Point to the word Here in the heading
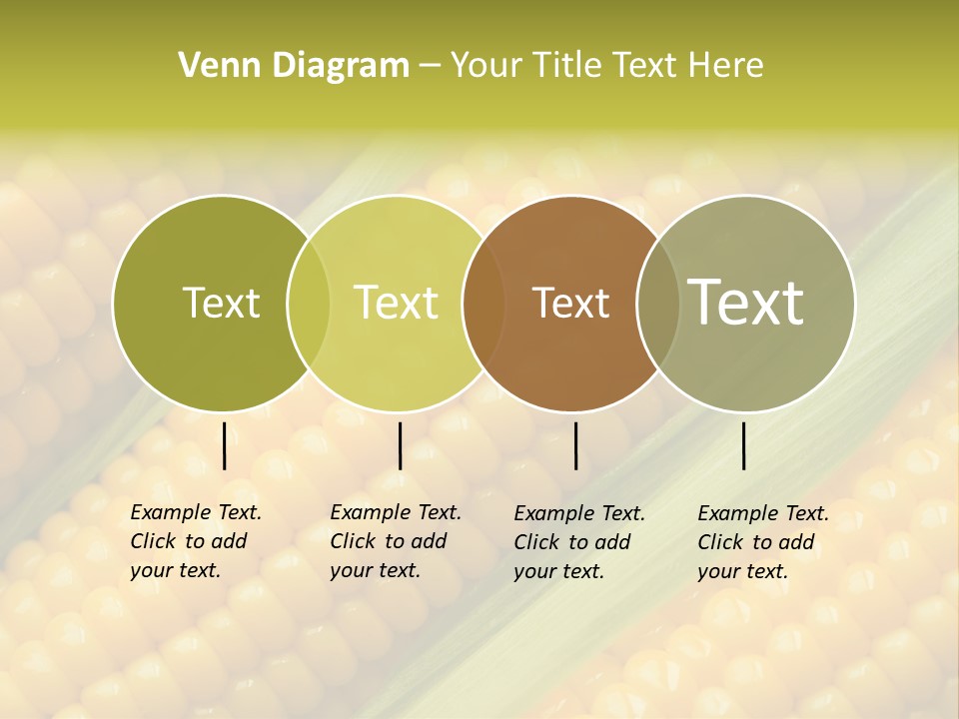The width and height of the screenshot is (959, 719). [725, 66]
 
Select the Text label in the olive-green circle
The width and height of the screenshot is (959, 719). [221, 303]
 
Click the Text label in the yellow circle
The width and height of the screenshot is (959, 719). [397, 303]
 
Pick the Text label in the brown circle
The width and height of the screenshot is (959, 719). [570, 303]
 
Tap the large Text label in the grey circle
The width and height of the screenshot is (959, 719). [746, 303]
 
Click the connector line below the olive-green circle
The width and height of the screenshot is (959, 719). [224, 445]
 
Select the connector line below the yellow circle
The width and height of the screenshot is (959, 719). [400, 445]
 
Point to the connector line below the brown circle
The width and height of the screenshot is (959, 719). [575, 445]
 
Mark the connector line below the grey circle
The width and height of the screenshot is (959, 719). [743, 445]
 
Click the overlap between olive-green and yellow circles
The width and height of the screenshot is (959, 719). [309, 303]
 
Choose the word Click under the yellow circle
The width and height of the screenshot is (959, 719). [353, 541]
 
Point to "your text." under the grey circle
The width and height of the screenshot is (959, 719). [742, 571]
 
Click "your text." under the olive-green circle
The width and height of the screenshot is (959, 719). [175, 570]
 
